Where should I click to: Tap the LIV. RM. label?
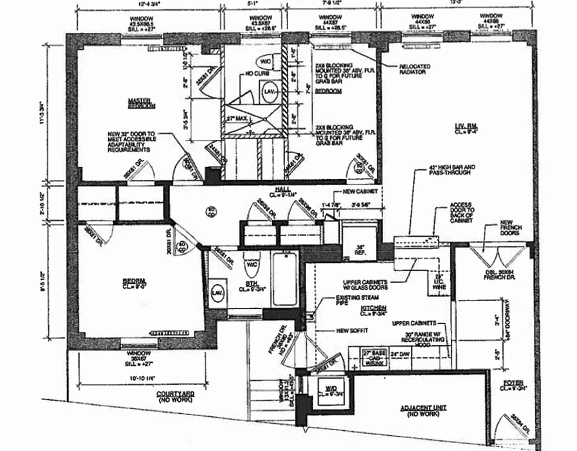click(467, 129)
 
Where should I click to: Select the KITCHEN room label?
click(374, 308)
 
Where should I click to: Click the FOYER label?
click(513, 384)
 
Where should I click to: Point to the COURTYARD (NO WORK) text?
click(175, 395)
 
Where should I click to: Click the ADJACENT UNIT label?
click(419, 410)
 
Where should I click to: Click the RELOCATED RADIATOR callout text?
click(414, 69)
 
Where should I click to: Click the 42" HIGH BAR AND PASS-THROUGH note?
click(451, 170)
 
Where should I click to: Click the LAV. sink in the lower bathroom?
click(216, 292)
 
